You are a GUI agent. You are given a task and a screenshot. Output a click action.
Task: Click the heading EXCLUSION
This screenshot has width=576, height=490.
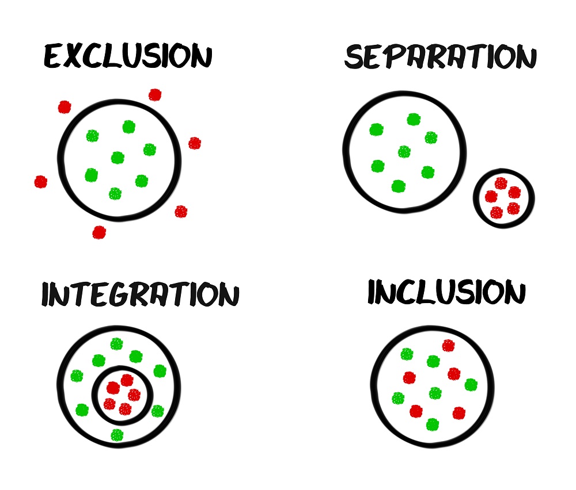point(128,57)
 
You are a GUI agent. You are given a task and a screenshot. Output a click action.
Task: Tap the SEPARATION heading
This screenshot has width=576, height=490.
point(441,58)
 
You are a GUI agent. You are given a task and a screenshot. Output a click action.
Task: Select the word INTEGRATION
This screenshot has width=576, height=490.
point(140,295)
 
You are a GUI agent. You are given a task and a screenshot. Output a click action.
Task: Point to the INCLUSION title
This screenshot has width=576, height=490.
point(446,293)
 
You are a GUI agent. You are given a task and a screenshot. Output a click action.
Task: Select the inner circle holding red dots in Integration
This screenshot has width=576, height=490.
point(123,395)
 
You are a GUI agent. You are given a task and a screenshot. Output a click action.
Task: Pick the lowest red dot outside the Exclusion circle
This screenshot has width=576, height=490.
point(99,232)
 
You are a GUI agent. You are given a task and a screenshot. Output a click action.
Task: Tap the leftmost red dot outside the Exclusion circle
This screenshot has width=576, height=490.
point(40,182)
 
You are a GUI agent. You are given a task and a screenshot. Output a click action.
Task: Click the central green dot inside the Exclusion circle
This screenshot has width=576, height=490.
point(118,157)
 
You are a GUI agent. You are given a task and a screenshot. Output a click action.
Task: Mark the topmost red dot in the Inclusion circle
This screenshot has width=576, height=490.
point(448,346)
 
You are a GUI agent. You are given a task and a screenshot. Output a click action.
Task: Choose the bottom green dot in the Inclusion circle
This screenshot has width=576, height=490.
point(433,424)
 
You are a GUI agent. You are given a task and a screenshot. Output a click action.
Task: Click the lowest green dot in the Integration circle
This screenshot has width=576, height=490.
point(117,435)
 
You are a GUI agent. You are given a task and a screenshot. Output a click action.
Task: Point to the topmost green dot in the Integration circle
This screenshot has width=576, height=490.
point(117,344)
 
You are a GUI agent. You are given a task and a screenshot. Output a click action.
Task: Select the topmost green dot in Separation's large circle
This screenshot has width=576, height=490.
point(413,119)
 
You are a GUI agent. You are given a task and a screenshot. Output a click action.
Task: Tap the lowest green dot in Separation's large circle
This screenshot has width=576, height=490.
point(398,186)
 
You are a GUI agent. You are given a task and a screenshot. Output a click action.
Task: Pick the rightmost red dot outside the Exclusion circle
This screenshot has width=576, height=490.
point(195,143)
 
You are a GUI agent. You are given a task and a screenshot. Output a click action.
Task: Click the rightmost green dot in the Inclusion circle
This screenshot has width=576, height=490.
point(471,385)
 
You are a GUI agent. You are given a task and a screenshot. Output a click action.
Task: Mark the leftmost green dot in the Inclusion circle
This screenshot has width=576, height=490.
point(398,398)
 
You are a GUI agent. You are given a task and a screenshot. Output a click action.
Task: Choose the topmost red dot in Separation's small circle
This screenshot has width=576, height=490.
point(501,183)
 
